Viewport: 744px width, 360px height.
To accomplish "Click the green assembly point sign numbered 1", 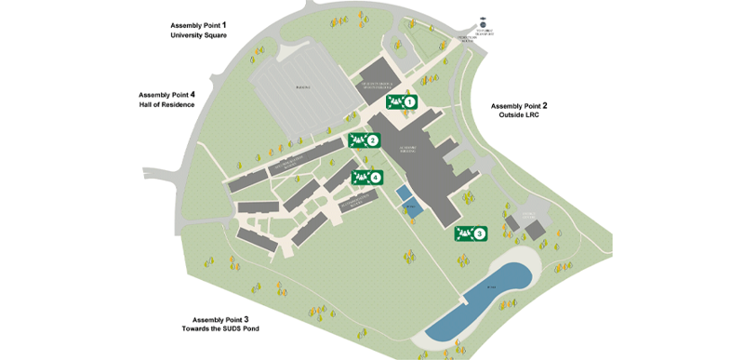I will point(402,101).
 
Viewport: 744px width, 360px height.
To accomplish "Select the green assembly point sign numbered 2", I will point(365,140).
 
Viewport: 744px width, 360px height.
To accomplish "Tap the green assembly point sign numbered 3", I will point(472,233).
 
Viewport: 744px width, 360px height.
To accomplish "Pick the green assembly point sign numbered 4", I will point(366,177).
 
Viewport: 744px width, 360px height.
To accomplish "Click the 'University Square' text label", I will point(199,35).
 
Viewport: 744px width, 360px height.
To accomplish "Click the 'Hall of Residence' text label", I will point(167,104).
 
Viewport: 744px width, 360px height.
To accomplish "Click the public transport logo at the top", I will point(482,22).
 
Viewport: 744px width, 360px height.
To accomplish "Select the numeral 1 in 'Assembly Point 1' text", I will point(224,23).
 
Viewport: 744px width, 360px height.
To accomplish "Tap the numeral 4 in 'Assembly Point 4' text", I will point(193,94).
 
